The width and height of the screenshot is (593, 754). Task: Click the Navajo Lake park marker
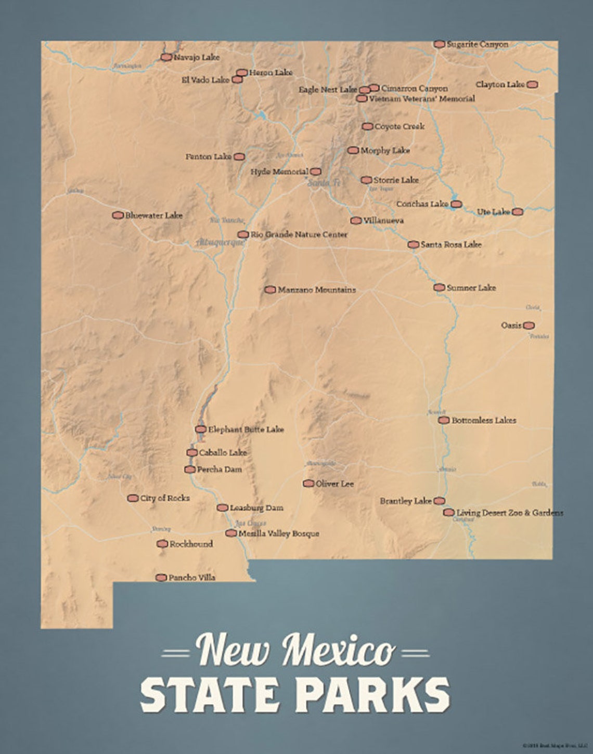tap(166, 57)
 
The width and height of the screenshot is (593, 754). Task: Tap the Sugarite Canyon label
tap(478, 45)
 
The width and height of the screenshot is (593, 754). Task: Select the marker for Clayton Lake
tap(532, 84)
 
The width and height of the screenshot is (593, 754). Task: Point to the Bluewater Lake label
tap(154, 215)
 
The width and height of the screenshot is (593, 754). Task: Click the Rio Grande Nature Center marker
tap(243, 235)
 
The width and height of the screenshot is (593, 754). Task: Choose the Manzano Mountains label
tap(317, 290)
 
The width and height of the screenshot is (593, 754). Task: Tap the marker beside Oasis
tap(528, 326)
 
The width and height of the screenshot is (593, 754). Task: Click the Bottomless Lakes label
tap(484, 420)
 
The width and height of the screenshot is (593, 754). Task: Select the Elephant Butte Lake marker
tap(201, 430)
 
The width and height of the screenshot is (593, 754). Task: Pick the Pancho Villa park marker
tap(161, 578)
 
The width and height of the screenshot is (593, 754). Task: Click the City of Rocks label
tap(165, 498)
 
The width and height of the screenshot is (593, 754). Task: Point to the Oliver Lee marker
tap(308, 484)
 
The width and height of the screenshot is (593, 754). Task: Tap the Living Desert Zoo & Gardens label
tap(510, 513)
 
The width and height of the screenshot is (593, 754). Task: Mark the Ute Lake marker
tap(517, 212)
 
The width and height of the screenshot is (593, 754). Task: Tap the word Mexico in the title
tap(338, 650)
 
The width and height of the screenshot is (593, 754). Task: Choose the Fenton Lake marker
tap(239, 157)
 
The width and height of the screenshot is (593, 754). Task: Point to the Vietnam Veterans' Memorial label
tap(422, 98)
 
